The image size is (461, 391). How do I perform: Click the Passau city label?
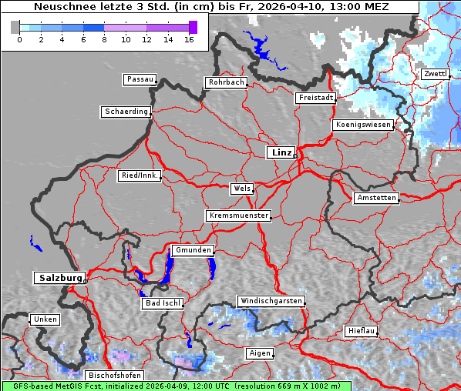[140, 79]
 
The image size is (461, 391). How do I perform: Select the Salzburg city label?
[59, 278]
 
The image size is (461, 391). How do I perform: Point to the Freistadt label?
[315, 98]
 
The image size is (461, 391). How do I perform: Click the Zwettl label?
[435, 74]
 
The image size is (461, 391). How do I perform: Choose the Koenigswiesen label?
[363, 125]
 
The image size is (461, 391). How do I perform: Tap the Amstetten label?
[376, 198]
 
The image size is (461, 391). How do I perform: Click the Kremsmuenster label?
[238, 216]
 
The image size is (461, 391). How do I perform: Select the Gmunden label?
[192, 250]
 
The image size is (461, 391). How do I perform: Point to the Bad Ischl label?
[163, 303]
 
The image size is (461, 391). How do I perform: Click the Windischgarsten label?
[271, 301]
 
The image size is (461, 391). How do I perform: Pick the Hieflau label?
[362, 331]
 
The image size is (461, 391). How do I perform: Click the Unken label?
[45, 319]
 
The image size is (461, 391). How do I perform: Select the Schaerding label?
[126, 112]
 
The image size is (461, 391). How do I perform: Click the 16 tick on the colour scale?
[189, 38]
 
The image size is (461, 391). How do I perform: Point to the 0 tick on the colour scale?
[19, 38]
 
